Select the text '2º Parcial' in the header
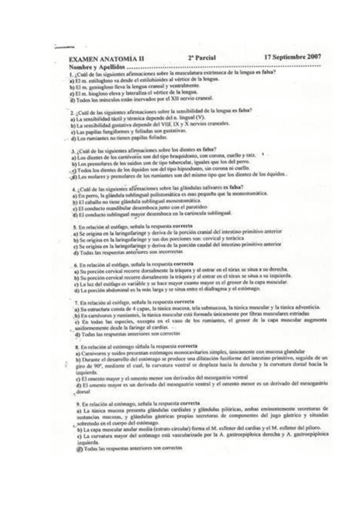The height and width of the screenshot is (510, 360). (x=202, y=58)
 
